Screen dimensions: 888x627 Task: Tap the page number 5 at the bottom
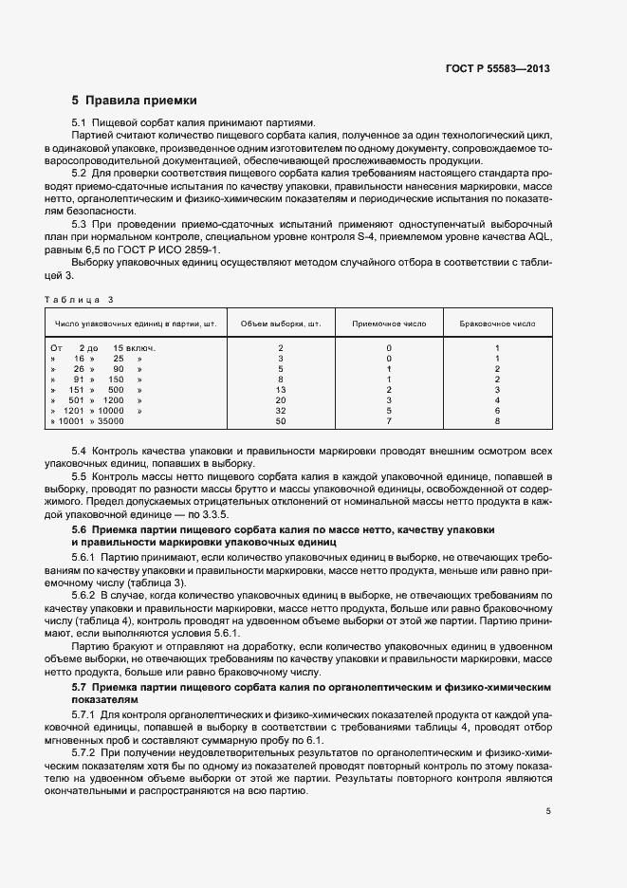pos(548,811)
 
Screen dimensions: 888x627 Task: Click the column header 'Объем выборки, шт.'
pos(281,324)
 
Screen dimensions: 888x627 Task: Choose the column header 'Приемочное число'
pos(389,324)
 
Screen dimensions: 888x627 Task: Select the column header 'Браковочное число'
pos(497,324)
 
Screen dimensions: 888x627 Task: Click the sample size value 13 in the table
pos(281,389)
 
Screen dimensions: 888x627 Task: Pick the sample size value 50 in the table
pos(281,420)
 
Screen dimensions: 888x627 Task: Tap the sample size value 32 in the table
pos(281,410)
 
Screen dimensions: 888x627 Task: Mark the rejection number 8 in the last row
pos(497,420)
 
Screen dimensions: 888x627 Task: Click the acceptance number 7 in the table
pos(389,420)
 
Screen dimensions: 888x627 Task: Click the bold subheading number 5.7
pos(80,685)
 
